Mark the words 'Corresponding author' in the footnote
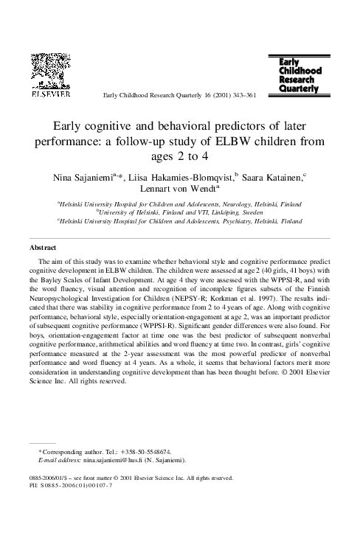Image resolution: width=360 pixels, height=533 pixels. (x=66, y=451)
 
